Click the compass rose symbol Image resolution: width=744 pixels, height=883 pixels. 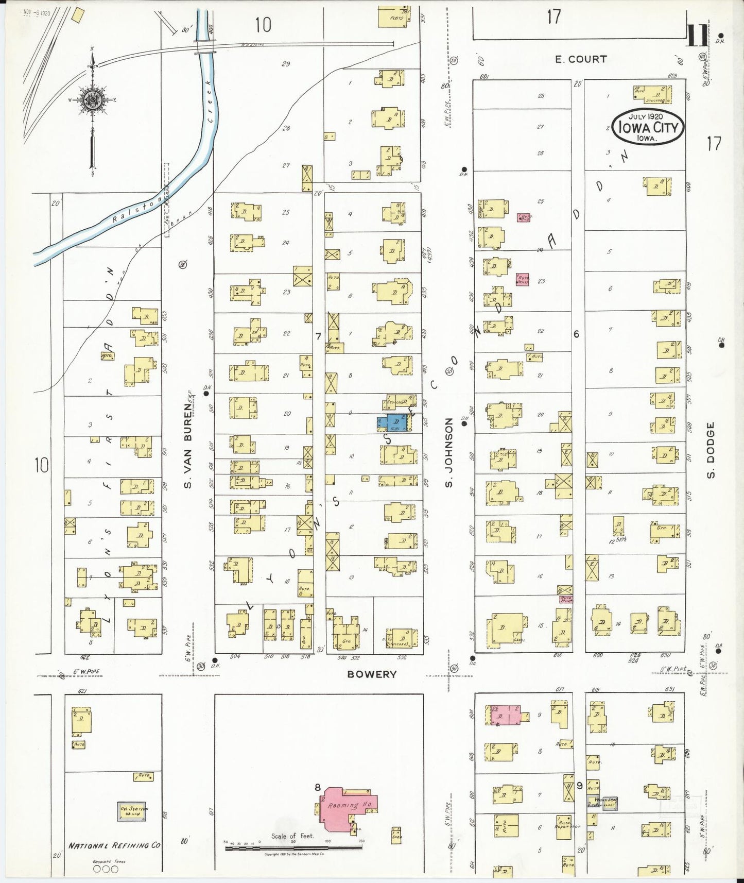point(92,99)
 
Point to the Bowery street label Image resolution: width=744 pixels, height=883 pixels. point(372,674)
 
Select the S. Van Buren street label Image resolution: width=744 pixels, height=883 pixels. point(188,446)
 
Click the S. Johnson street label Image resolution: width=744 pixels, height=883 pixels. point(449,452)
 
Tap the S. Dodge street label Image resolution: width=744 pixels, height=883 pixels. point(711,450)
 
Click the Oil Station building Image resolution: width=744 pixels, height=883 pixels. point(133,811)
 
